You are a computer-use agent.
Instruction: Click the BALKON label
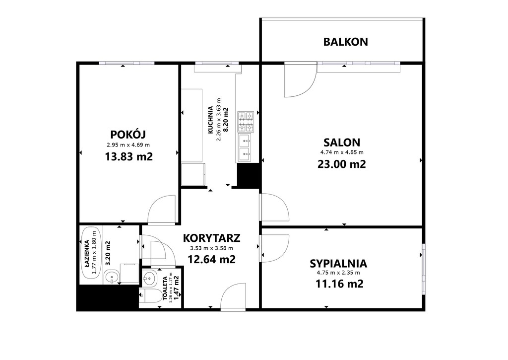tap(345, 42)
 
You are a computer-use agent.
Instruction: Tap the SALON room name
tap(342, 143)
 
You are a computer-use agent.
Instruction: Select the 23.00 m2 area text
tap(342, 164)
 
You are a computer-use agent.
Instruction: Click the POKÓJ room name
tap(128, 134)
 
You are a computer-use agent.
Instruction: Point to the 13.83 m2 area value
tap(128, 156)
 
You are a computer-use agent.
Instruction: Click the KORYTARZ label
tap(211, 238)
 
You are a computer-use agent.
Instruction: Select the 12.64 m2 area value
tap(211, 259)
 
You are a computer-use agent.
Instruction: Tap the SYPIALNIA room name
tap(338, 264)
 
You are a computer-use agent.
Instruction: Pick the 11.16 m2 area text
tap(339, 284)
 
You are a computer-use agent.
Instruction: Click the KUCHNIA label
tap(210, 120)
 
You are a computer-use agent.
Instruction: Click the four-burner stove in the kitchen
tap(246, 122)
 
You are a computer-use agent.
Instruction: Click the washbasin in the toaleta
tap(149, 278)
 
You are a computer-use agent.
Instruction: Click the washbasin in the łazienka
tap(112, 278)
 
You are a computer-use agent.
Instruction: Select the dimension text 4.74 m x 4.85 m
tap(342, 152)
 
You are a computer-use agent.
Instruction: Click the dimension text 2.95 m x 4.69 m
tap(128, 145)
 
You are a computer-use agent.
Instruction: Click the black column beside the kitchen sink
tap(248, 175)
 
